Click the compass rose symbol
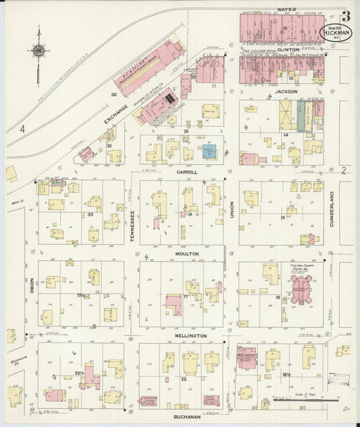38,51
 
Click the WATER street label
286,9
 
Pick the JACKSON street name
286,91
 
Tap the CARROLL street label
186,172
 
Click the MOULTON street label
187,253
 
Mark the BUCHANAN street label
186,417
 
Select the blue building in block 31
209,151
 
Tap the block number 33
90,214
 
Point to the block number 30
114,95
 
